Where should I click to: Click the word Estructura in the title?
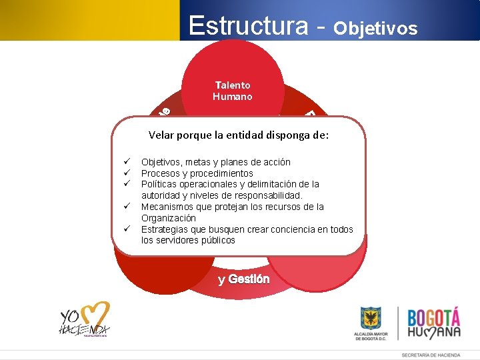point(248,25)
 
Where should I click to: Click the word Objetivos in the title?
point(375,28)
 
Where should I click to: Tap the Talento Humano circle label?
point(233,91)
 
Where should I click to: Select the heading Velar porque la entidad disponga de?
point(239,135)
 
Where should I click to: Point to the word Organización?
point(169,218)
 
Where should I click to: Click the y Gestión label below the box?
point(244,279)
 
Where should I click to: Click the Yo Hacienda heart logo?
point(85,319)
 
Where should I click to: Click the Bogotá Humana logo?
point(433,323)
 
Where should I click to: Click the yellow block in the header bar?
point(89,20)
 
